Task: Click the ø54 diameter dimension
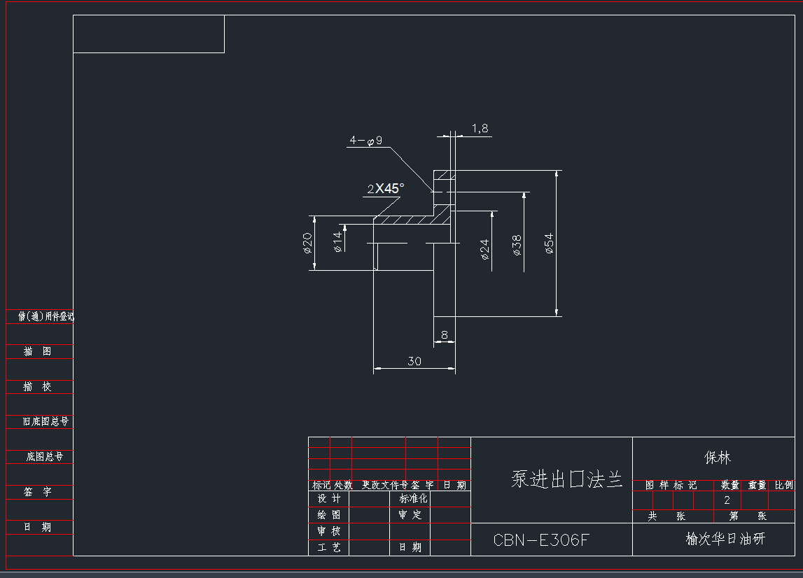(x=550, y=243)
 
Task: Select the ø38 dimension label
(x=517, y=244)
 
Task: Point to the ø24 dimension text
(x=484, y=249)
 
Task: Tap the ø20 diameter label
(x=307, y=242)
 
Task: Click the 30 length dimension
(x=414, y=361)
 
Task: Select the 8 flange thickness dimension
(x=444, y=335)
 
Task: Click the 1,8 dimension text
(x=480, y=128)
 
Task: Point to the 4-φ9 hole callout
(x=365, y=141)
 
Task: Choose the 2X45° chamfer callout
(x=385, y=188)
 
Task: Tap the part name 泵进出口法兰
(x=567, y=480)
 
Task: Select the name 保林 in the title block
(x=718, y=458)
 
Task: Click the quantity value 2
(x=727, y=500)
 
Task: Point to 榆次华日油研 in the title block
(x=725, y=540)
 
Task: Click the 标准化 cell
(x=413, y=499)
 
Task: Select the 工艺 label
(x=329, y=547)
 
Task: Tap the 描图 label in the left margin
(x=38, y=351)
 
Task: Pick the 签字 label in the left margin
(x=38, y=492)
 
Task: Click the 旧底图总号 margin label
(x=46, y=421)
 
